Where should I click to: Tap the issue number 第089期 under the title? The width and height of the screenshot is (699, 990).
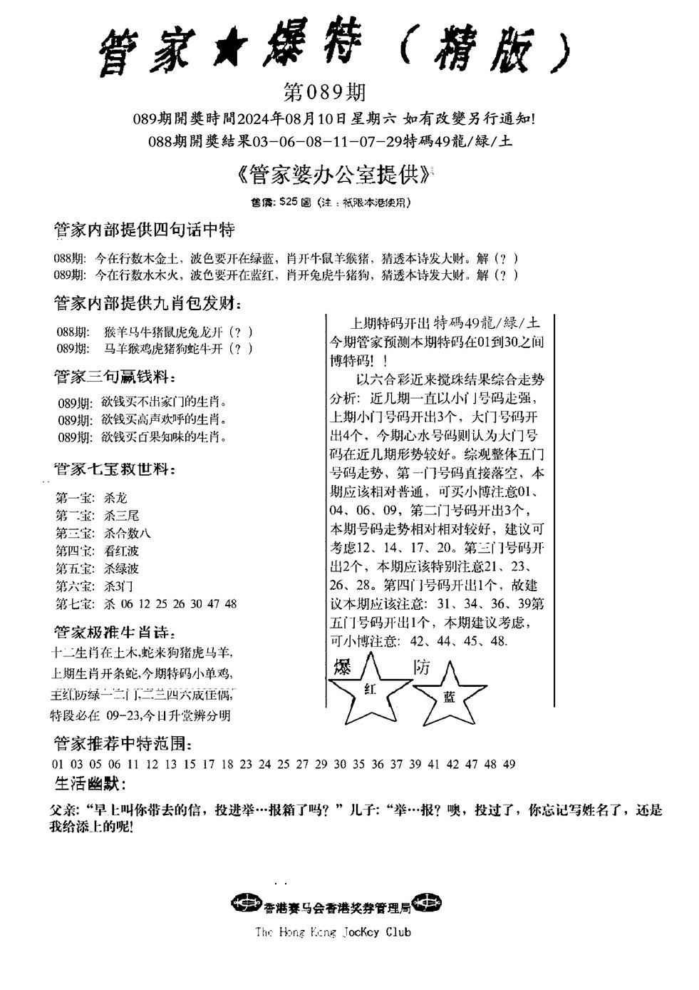[324, 93]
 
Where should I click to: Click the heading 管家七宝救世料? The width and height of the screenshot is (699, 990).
[114, 469]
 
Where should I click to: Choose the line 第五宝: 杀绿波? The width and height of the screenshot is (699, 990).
[97, 568]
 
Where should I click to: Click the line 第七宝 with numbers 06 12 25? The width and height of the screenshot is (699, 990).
[146, 604]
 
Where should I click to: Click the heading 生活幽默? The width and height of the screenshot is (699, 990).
[90, 784]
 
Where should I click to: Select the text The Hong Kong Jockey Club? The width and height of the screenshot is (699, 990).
[333, 932]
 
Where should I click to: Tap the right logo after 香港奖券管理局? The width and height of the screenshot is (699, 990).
[428, 903]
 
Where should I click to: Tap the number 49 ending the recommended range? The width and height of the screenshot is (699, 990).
[509, 764]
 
